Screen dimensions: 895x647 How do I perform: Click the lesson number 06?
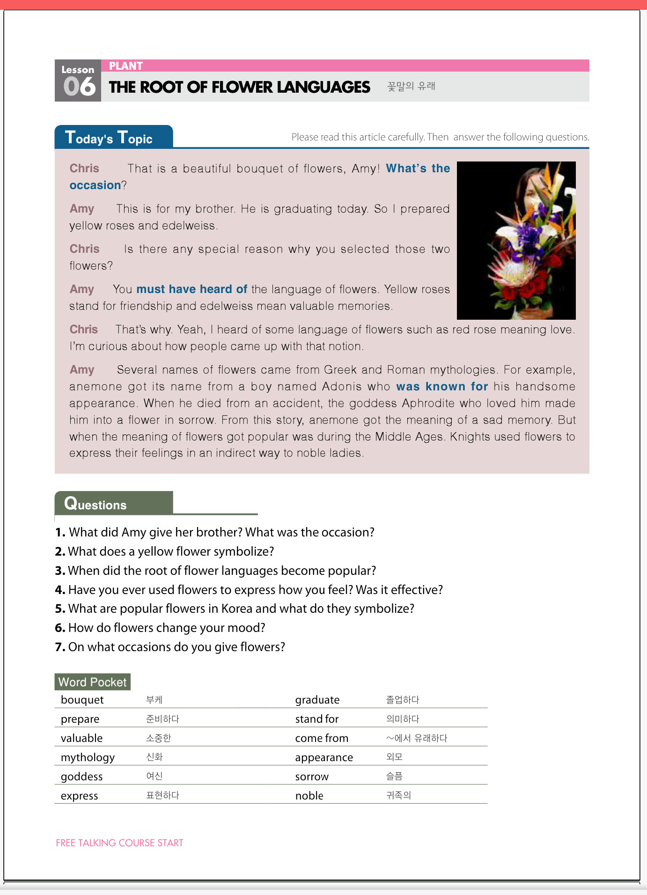coord(79,87)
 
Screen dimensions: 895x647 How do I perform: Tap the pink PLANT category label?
coord(125,66)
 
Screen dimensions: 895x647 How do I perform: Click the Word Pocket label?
coord(92,682)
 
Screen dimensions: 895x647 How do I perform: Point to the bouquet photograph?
coord(516,241)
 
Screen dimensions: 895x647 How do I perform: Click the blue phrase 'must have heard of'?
coord(191,289)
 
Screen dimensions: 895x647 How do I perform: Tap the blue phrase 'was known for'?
coord(441,387)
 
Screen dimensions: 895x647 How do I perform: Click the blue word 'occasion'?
coord(95,185)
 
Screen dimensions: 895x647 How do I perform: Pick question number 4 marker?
coord(59,590)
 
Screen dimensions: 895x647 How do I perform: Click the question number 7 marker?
coord(59,647)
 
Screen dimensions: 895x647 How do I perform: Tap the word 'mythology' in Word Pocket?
coord(88,757)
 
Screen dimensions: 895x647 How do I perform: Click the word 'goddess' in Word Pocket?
coord(81,777)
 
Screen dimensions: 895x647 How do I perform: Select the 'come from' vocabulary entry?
coord(322,738)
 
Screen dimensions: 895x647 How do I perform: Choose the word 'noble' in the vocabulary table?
coord(309,796)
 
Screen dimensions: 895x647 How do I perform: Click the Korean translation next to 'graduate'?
coord(402,700)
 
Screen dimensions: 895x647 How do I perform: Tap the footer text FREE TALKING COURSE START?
coord(119,843)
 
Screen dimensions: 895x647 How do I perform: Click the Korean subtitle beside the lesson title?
coord(411,87)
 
